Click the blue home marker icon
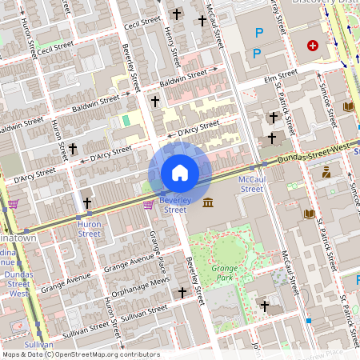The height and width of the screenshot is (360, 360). (x=180, y=173)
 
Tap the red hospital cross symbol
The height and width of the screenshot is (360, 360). (x=312, y=46)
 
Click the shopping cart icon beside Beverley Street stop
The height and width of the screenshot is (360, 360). (x=148, y=205)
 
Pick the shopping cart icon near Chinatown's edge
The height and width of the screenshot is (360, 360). (x=14, y=204)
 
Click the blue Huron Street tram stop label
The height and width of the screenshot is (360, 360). (x=89, y=229)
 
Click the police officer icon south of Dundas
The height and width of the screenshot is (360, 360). (x=326, y=172)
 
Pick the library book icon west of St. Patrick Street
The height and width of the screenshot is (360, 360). (x=310, y=214)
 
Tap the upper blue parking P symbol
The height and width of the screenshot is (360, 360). (x=258, y=33)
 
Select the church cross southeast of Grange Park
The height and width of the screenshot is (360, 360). (x=264, y=306)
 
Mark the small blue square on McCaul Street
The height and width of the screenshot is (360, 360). (x=309, y=320)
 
